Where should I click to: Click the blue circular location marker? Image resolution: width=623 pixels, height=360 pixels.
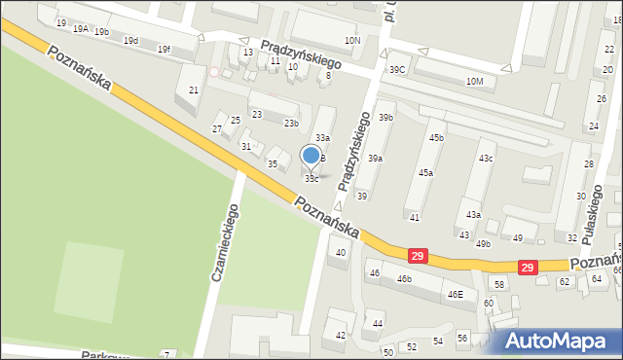pos(311,155)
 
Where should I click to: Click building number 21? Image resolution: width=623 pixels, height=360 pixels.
pos(194,90)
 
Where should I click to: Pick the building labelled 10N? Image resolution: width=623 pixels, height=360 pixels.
pos(351,40)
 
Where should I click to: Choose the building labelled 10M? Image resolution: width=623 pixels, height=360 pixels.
pos(474,81)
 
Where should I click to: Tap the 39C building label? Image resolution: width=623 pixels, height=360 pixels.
pos(397,70)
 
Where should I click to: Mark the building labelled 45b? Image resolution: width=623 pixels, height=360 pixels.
pos(436,138)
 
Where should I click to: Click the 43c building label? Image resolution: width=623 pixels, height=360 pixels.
pos(485,158)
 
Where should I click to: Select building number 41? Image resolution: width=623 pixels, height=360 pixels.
pos(415,217)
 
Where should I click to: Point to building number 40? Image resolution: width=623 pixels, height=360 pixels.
pos(340,253)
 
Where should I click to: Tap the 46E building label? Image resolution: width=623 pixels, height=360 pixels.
pos(455,294)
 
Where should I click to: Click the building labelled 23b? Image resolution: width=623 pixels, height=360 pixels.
pos(291,124)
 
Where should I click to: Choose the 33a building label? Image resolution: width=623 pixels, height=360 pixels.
pos(321,139)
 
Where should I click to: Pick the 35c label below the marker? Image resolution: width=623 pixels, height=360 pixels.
pos(311,179)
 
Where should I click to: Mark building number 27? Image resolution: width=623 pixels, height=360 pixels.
pos(217,129)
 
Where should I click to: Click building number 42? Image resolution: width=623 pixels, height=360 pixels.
pos(340,335)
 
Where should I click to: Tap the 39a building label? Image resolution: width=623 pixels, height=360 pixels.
pos(375,158)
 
